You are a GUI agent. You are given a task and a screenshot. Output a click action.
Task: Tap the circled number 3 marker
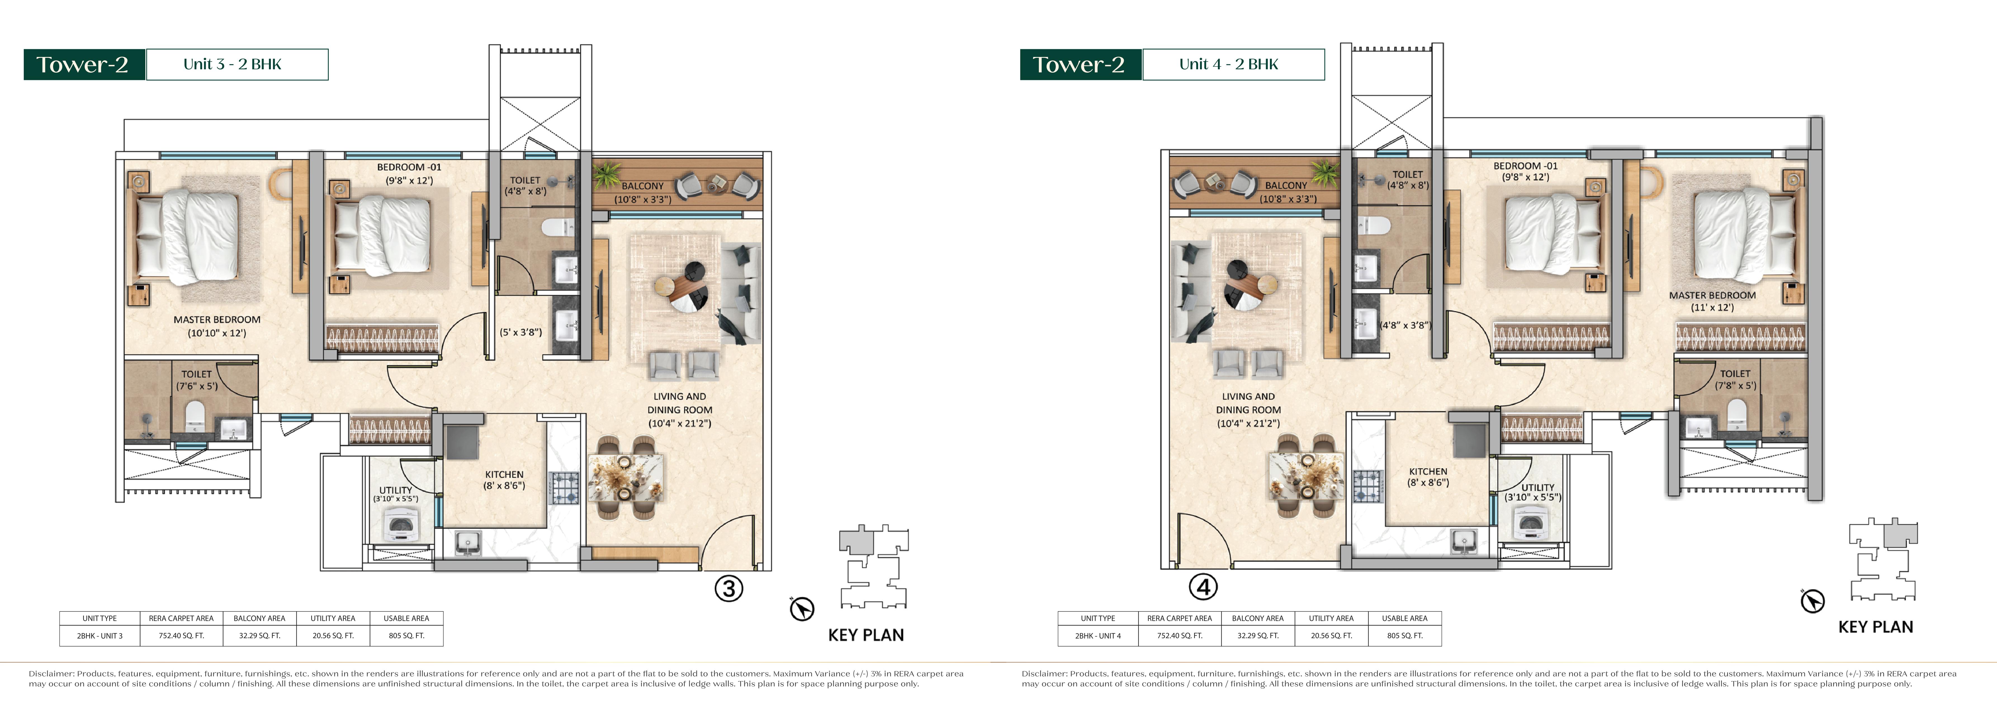tap(729, 589)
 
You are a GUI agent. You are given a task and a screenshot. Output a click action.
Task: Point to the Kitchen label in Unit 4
tap(1428, 477)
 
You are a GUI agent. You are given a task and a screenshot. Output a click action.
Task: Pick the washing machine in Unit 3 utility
tap(401, 527)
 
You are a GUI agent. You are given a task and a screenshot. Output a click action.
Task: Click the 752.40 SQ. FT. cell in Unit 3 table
tap(181, 636)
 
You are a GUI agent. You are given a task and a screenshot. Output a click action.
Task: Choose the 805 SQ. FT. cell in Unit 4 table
tap(1405, 636)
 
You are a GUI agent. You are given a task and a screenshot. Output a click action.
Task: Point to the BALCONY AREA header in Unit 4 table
tap(1257, 619)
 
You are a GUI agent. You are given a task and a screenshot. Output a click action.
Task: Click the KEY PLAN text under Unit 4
tap(1875, 627)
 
